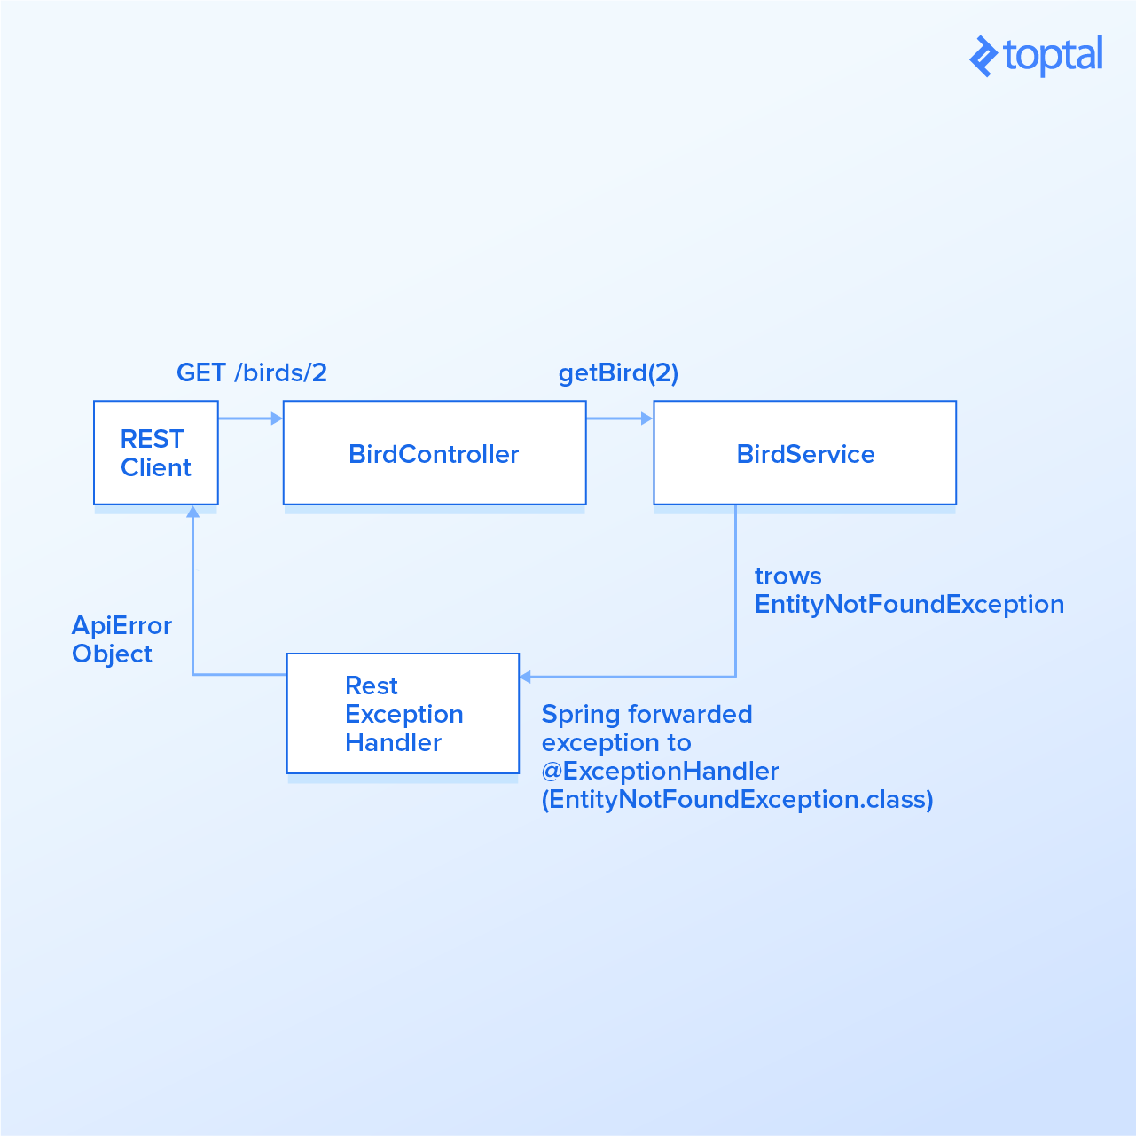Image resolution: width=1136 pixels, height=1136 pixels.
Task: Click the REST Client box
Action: pos(156,453)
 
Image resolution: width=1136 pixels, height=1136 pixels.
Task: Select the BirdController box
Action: pos(434,453)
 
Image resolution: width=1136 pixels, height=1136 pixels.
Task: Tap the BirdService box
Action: pos(804,453)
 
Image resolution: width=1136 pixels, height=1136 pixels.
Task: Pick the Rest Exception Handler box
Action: pos(403,714)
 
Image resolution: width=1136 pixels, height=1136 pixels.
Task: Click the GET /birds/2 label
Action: pos(252,372)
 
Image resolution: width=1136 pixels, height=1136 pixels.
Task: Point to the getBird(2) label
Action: pos(618,373)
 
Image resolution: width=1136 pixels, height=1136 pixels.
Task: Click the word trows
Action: pos(787,576)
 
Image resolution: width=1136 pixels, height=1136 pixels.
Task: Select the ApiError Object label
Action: pos(121,639)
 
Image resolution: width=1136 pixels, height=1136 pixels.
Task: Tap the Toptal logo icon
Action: pos(983,57)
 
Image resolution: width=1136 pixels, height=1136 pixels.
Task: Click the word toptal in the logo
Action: pos(1053,56)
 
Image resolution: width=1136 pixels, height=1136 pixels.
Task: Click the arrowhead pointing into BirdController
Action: pos(277,419)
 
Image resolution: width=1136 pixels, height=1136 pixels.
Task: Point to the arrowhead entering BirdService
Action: pos(647,419)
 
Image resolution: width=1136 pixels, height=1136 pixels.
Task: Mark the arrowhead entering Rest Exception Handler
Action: pos(526,677)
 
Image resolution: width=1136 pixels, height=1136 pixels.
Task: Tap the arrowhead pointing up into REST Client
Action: pos(192,512)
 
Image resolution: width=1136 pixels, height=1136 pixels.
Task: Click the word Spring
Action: pos(581,715)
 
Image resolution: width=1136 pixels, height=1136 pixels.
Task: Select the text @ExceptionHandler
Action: pos(660,772)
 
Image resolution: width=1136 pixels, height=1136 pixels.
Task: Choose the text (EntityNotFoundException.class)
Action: pos(737,800)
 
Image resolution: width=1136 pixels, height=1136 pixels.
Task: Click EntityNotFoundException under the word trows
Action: pos(909,605)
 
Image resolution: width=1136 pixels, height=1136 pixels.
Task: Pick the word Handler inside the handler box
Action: pos(393,743)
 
